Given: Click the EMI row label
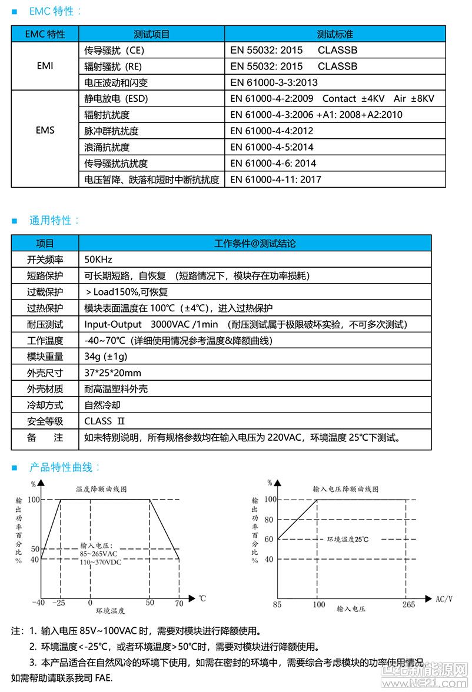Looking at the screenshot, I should (45, 66).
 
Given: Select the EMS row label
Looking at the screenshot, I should (45, 130).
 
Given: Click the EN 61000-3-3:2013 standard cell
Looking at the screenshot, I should (274, 82).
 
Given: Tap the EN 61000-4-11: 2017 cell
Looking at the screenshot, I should (275, 179).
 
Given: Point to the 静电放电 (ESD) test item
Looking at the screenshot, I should (116, 98).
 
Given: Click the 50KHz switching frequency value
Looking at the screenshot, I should (98, 259).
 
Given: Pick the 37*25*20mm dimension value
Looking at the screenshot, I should (113, 373).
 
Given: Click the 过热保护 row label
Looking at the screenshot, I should (45, 308).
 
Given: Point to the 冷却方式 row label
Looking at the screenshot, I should (45, 405).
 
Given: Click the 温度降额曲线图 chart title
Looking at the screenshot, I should (102, 488).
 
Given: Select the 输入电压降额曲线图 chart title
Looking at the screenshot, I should (345, 489).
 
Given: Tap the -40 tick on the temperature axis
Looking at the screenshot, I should (38, 603).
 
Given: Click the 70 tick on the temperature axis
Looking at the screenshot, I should (179, 603).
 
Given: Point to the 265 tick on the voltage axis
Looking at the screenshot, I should (408, 604).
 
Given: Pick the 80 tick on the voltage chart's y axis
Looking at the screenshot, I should (269, 520).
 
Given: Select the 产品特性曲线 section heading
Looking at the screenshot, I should (65, 467).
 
